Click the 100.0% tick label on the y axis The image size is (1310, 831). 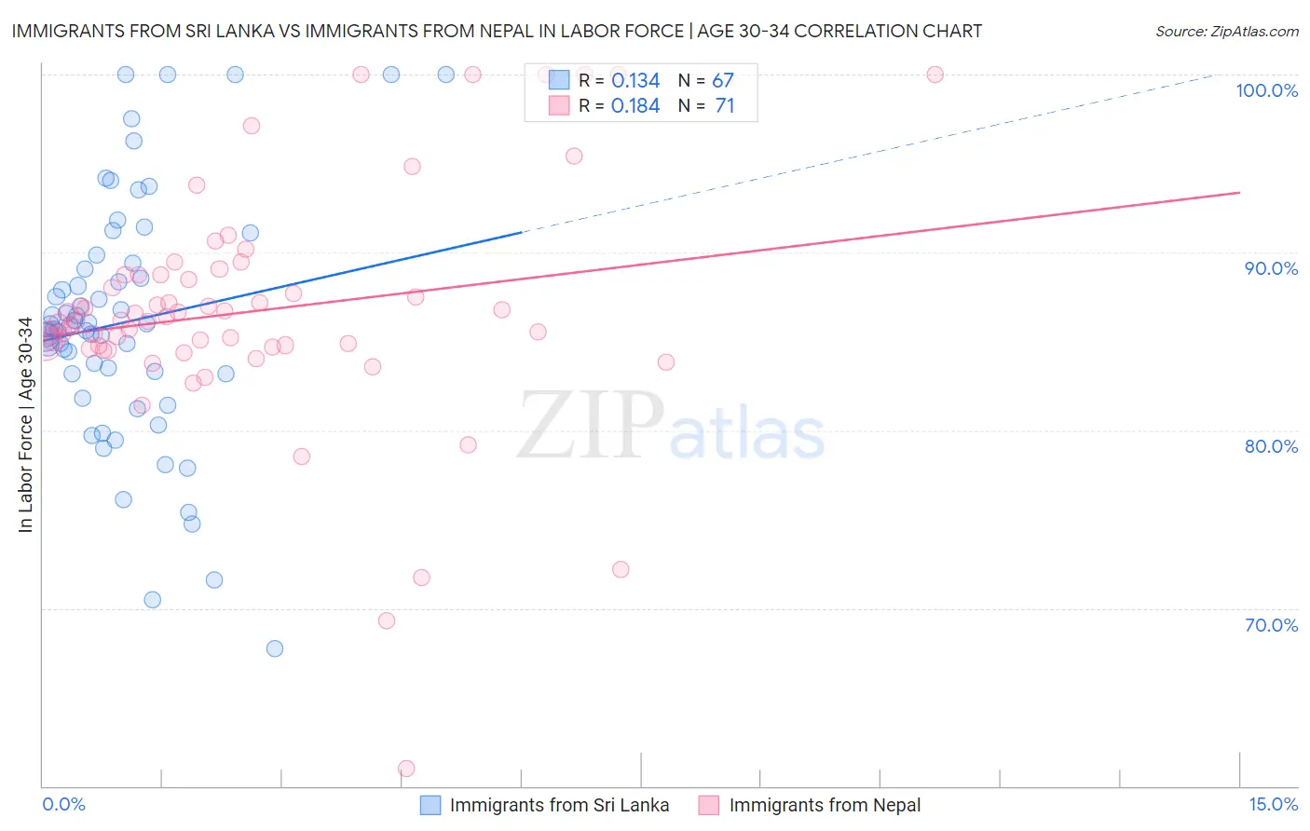(x=1266, y=90)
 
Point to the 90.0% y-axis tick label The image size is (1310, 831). (x=1271, y=268)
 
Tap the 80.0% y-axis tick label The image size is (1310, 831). (x=1271, y=446)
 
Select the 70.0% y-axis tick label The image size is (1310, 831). (x=1271, y=625)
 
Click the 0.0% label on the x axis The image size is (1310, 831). (x=63, y=804)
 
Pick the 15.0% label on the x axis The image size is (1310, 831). (x=1273, y=804)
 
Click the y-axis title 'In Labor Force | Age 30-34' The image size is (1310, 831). (x=25, y=425)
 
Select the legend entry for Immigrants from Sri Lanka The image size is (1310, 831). (x=546, y=806)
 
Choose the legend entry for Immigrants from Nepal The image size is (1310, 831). (x=812, y=806)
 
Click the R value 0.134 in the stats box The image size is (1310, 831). (x=635, y=81)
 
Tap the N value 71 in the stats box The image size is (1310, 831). (x=724, y=106)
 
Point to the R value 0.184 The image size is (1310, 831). (x=635, y=106)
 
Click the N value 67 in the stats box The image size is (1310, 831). (x=723, y=81)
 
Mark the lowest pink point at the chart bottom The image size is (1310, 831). (x=406, y=769)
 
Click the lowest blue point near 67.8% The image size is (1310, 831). (x=275, y=648)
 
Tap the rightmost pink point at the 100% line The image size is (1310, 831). (x=935, y=75)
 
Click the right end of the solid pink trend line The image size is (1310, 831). (x=1239, y=193)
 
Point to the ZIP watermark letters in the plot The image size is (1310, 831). (x=591, y=426)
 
